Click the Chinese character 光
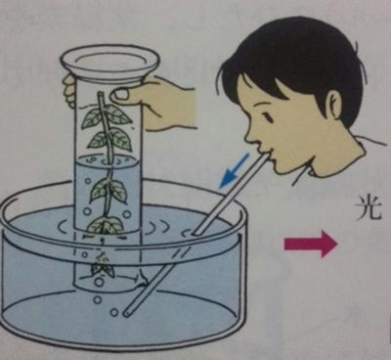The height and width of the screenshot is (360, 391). tap(369, 206)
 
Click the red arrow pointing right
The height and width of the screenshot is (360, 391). tap(311, 244)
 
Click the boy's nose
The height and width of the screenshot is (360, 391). tap(250, 134)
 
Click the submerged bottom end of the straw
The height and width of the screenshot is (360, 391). tap(126, 313)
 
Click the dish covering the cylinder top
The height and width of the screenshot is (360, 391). tap(109, 61)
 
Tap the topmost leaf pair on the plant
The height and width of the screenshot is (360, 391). tap(107, 115)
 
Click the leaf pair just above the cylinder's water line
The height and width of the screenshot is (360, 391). tap(110, 139)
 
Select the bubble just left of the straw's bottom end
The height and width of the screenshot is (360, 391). tap(113, 312)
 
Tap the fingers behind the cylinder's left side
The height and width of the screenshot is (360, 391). tap(70, 90)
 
